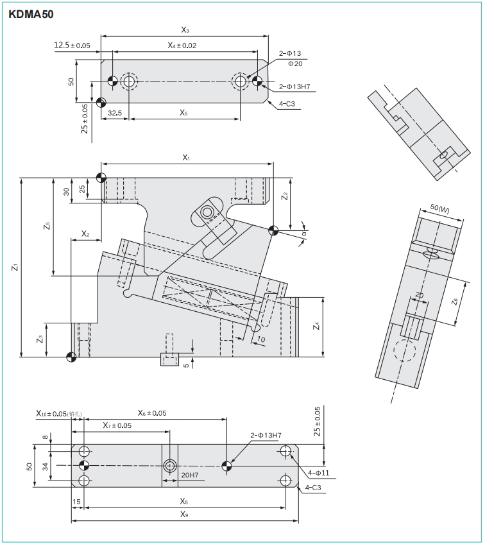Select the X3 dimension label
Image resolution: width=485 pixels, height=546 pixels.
tap(185, 30)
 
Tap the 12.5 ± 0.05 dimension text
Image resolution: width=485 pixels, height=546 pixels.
tap(72, 45)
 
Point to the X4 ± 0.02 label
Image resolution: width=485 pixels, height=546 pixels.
tap(182, 45)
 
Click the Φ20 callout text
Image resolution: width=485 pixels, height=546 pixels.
tap(295, 64)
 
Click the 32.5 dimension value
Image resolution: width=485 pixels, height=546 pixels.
tap(115, 113)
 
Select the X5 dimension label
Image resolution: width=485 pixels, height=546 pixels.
tap(183, 113)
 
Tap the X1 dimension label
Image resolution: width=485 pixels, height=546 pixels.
tap(187, 157)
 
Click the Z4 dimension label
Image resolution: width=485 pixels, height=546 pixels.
tap(316, 327)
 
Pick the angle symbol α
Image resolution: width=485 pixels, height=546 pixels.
tap(303, 235)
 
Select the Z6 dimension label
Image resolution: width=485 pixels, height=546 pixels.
tap(454, 301)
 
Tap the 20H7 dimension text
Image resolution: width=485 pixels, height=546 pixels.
tap(189, 475)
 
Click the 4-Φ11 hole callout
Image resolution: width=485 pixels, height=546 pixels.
tap(318, 473)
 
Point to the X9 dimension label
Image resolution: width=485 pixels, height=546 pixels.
tap(185, 515)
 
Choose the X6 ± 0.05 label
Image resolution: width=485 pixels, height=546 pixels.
tap(152, 413)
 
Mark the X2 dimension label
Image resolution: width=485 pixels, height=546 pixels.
tap(85, 234)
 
